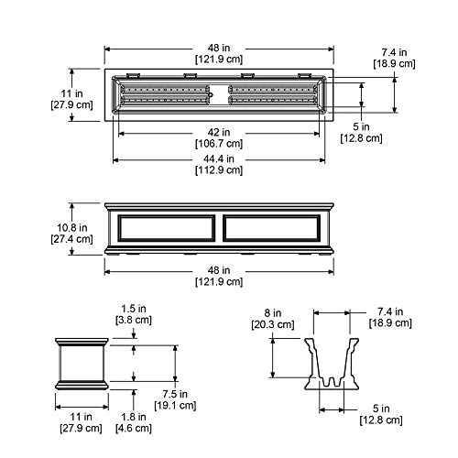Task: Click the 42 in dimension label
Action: pos(219,132)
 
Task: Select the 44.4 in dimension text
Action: pos(219,158)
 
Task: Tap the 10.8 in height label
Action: pos(72,228)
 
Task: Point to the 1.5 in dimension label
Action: pos(134,309)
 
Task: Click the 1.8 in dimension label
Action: pos(134,417)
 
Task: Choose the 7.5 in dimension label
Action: pos(175,394)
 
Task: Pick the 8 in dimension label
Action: pos(273,312)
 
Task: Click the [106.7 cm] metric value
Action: pos(219,144)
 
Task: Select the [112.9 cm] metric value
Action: pos(219,170)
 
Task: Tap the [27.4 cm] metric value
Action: pos(71,239)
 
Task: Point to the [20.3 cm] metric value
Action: pos(273,324)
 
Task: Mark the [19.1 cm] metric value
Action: pos(175,406)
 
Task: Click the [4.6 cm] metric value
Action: pos(134,428)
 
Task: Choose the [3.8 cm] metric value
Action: pos(134,320)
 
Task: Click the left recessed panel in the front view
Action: pos(167,228)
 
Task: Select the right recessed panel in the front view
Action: pos(272,228)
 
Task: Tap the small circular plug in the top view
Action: pos(211,95)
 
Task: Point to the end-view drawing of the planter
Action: pos(82,364)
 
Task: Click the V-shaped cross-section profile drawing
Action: pos(332,364)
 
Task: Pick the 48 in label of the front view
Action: pos(219,270)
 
